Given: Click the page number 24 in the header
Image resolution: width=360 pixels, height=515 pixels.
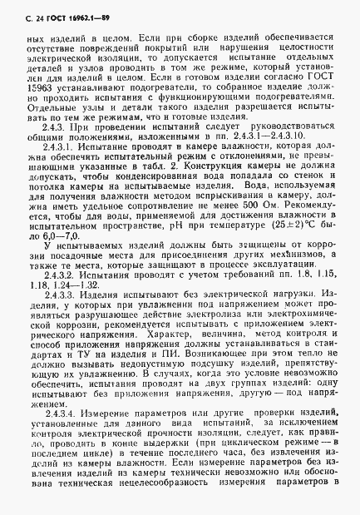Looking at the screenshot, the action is point(24,10).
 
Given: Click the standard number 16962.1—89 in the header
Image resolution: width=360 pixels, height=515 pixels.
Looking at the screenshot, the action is point(75,10).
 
